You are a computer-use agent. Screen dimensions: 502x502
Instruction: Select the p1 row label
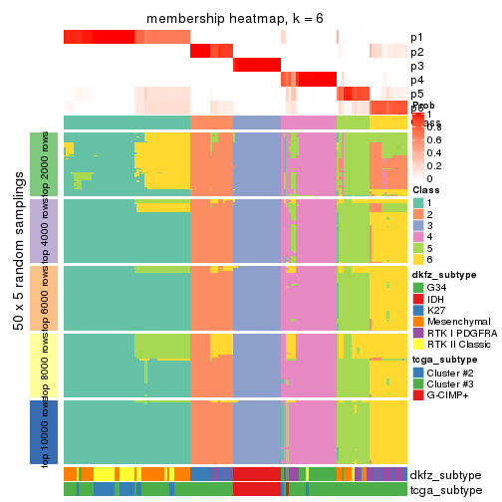pos(416,38)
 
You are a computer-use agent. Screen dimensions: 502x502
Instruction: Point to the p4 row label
pos(416,80)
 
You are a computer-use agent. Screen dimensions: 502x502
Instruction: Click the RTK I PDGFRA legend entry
pos(457,334)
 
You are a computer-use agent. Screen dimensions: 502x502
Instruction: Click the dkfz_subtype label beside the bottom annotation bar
pos(445,474)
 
